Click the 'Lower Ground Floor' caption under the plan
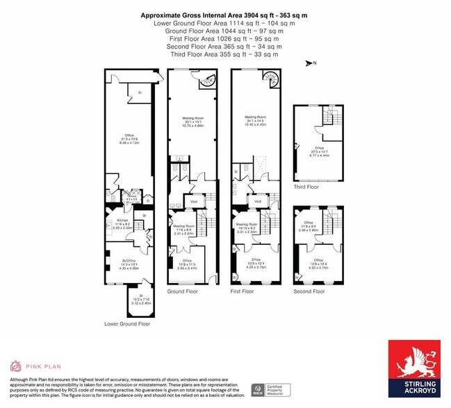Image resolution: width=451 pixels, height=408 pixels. click(x=127, y=324)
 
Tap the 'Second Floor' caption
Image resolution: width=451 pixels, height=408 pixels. click(x=309, y=291)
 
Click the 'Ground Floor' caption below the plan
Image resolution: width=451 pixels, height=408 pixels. click(x=182, y=291)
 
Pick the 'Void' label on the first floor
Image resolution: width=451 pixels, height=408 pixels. click(x=258, y=202)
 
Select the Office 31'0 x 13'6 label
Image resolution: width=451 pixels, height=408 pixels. click(x=129, y=138)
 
